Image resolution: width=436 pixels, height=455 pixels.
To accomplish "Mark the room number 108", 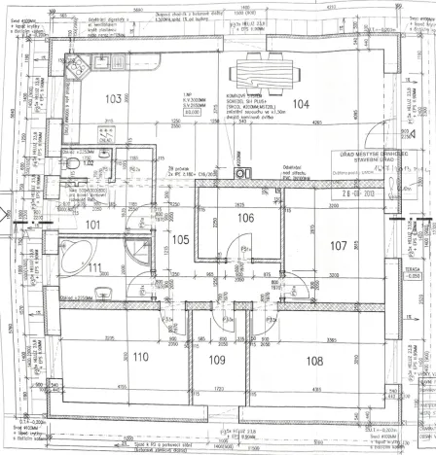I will click(314, 361).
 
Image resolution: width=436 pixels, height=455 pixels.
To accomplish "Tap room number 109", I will click(216, 361).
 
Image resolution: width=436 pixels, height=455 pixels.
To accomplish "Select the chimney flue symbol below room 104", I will click(245, 174).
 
